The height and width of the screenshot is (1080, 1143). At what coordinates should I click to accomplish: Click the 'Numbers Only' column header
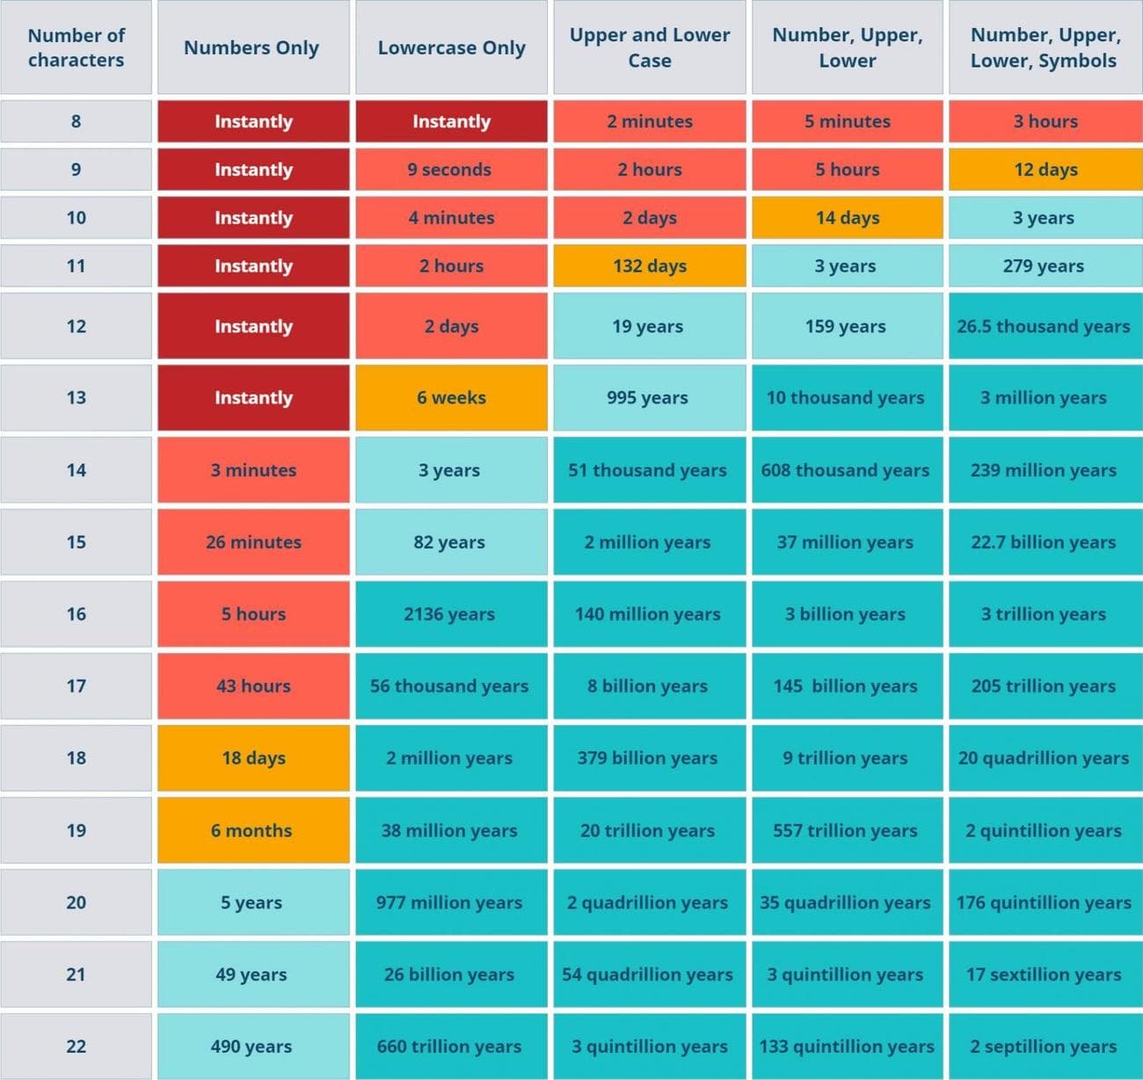click(x=251, y=47)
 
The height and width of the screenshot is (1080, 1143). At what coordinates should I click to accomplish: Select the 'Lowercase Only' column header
click(x=451, y=47)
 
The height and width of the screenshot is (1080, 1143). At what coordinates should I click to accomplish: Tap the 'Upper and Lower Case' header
click(x=650, y=47)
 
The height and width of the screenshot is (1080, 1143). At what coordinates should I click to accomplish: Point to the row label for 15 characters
click(x=76, y=542)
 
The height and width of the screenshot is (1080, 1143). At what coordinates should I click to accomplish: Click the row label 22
click(x=76, y=1047)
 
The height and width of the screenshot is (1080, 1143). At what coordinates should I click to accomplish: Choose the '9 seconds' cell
click(x=450, y=170)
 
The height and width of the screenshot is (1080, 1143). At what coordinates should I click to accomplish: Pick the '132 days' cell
click(x=650, y=266)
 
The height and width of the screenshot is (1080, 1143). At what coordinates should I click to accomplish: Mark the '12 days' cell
click(x=1045, y=170)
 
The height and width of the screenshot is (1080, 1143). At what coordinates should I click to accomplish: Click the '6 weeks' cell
click(x=451, y=398)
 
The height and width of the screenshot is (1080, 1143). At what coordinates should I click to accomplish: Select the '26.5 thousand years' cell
click(x=1044, y=327)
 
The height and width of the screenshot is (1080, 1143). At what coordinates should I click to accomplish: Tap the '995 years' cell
click(x=648, y=398)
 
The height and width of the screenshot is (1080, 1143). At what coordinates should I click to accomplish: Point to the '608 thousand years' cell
click(x=846, y=470)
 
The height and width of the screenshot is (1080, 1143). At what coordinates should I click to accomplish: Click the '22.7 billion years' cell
click(x=1044, y=542)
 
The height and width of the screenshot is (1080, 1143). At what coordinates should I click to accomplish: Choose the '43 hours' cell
click(x=253, y=686)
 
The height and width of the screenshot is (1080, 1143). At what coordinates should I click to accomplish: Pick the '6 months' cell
click(x=251, y=830)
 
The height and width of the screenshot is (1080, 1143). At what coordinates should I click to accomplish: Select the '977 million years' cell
click(x=449, y=902)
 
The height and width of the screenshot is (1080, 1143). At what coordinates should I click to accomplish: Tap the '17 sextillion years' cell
click(x=1044, y=975)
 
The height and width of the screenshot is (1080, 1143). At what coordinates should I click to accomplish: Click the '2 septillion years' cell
click(x=1044, y=1047)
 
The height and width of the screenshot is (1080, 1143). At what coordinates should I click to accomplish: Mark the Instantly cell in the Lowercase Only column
click(x=451, y=121)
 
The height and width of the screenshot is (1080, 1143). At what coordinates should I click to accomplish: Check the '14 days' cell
click(x=848, y=218)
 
